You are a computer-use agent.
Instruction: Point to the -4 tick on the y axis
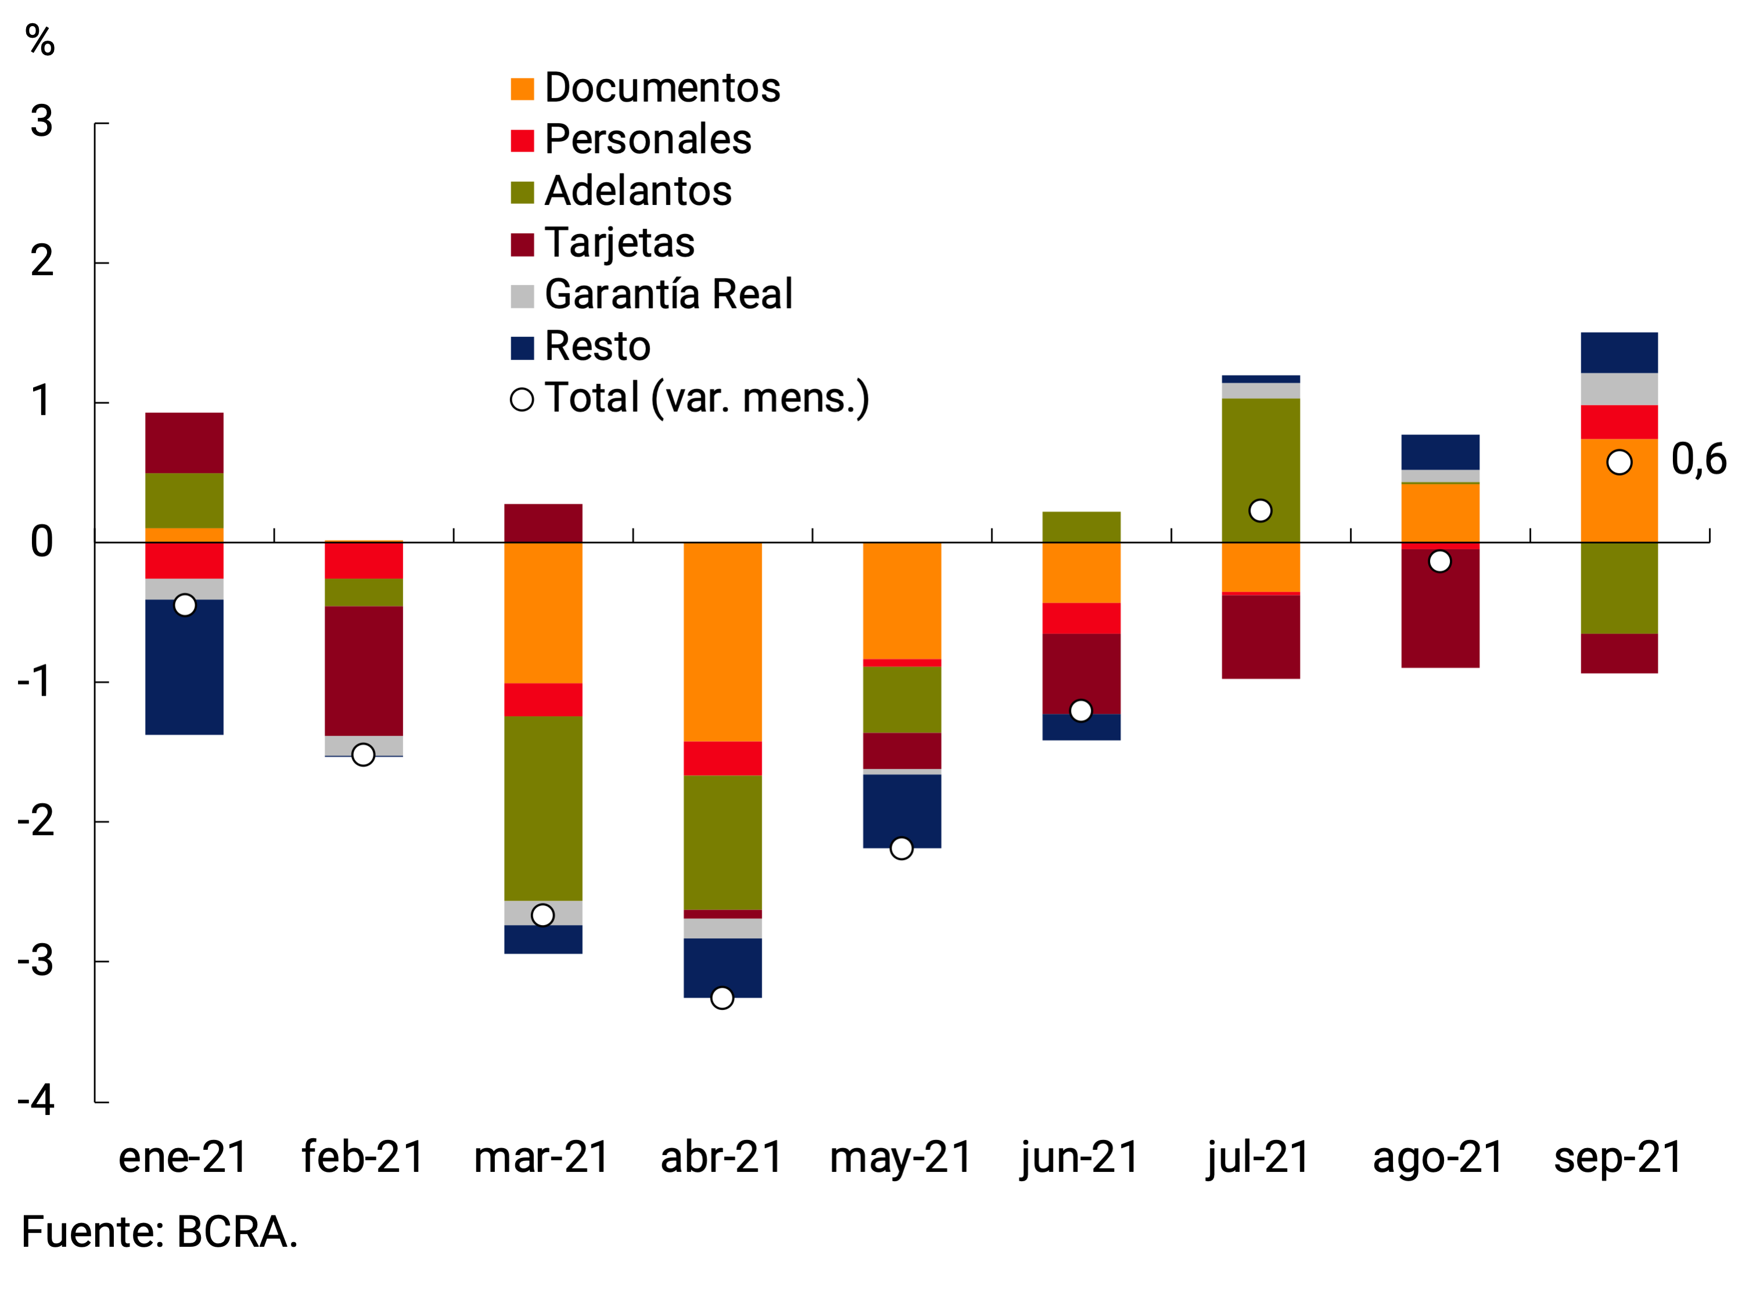(x=36, y=1100)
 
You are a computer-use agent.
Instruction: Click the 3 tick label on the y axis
(x=42, y=122)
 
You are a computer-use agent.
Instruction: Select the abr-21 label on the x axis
(x=721, y=1157)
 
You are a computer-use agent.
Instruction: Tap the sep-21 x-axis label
(x=1618, y=1157)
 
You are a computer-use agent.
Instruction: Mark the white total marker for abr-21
(x=722, y=998)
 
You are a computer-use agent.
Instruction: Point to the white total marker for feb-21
(x=363, y=754)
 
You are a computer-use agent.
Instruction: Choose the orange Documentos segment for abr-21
(x=722, y=642)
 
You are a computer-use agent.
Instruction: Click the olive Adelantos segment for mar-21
(x=543, y=808)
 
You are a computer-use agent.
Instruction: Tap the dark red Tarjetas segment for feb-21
(x=363, y=671)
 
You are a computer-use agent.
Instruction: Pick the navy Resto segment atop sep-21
(x=1618, y=352)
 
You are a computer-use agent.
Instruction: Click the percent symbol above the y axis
(x=39, y=40)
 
